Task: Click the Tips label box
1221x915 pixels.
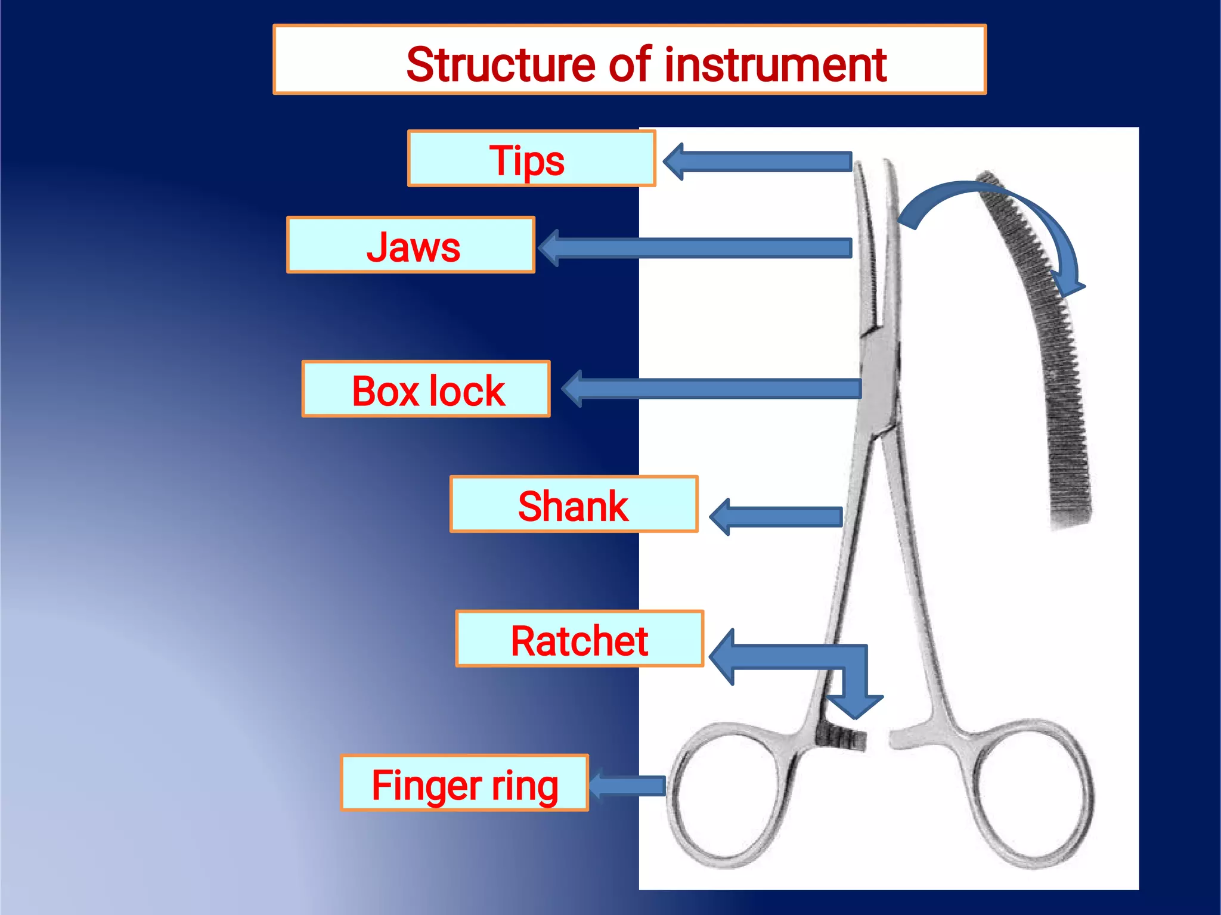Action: (531, 159)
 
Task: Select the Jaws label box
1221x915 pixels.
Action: (411, 246)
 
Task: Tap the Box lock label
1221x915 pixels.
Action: (426, 389)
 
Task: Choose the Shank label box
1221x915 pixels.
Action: (574, 505)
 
